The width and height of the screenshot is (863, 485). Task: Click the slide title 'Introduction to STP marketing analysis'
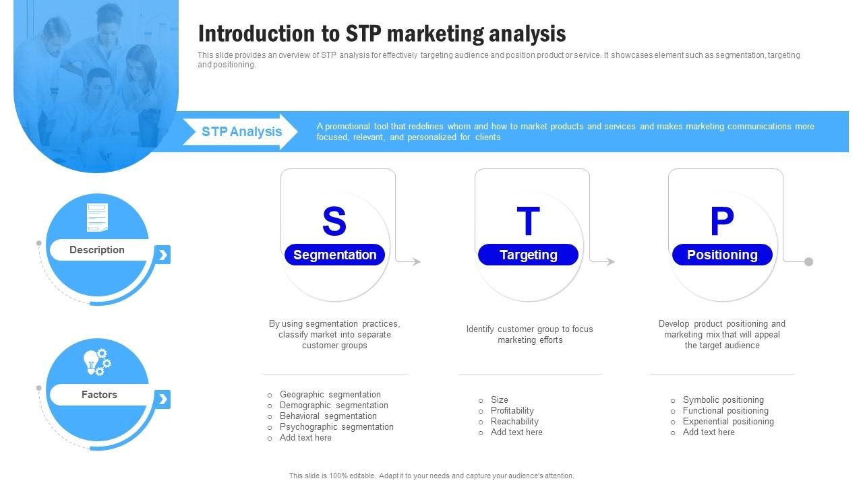tap(382, 33)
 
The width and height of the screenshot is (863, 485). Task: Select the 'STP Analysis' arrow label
tap(241, 131)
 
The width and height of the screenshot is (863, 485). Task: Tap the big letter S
tap(334, 221)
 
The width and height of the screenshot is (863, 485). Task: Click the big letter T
tap(528, 221)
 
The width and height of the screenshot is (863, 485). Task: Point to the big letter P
tap(721, 221)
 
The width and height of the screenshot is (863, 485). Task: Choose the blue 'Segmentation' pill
tap(334, 255)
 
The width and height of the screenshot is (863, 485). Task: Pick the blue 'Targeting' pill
tap(528, 255)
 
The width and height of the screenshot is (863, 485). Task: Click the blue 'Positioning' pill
tap(722, 255)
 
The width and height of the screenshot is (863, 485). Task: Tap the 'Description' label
tap(97, 250)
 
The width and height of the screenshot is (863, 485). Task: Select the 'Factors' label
tap(99, 395)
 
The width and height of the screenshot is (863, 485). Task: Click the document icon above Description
tap(97, 218)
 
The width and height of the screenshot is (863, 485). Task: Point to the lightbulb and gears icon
tap(97, 362)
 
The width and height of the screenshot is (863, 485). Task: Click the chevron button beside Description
tap(162, 255)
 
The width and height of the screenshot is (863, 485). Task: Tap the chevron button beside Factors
tap(162, 399)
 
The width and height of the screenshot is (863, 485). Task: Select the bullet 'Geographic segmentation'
tap(330, 395)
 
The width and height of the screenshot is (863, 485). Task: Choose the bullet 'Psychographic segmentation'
tap(336, 427)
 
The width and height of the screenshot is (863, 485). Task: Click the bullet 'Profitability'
tap(512, 411)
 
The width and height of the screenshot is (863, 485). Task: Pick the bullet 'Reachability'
tap(514, 422)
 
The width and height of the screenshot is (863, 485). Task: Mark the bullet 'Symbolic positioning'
tap(723, 400)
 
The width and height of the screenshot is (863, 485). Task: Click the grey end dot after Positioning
tap(808, 261)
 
